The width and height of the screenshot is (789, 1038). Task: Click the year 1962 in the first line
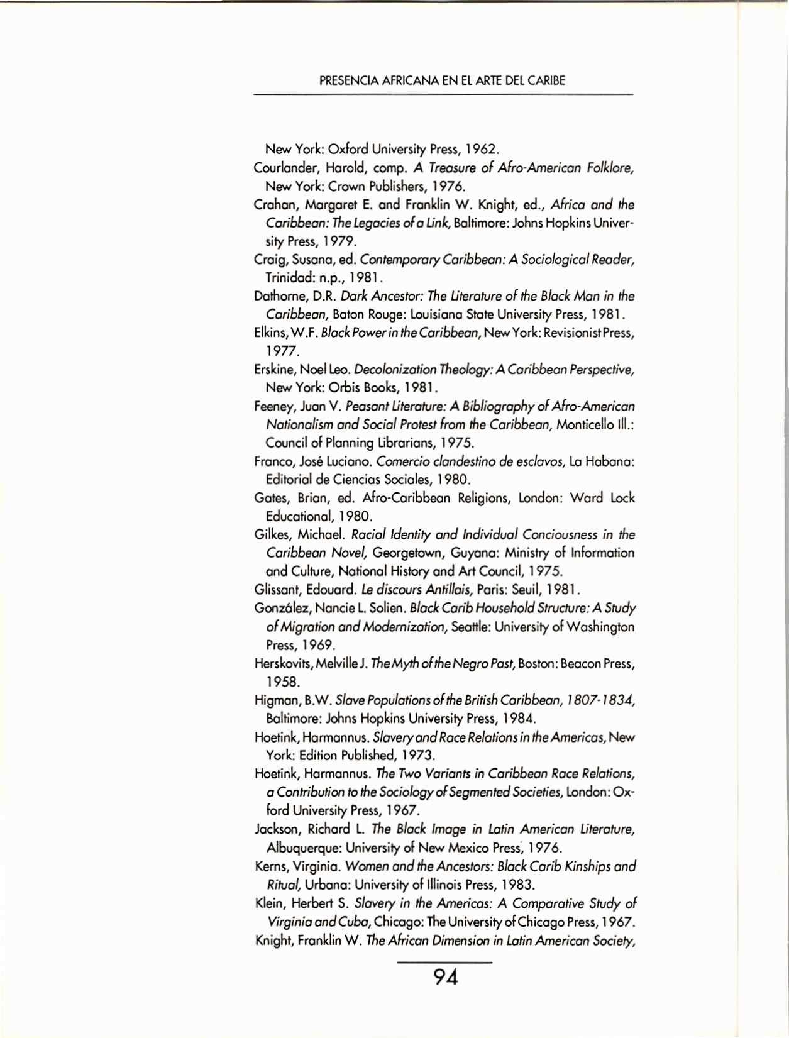(482, 150)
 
